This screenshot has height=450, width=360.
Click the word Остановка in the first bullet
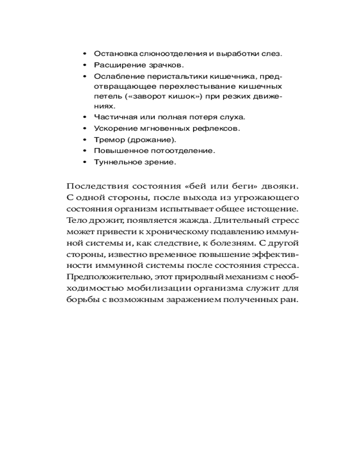(113, 54)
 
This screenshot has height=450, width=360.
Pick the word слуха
(234, 117)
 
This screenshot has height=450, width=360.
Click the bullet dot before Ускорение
(85, 128)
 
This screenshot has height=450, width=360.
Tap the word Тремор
(107, 139)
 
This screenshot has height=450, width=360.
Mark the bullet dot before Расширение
(85, 65)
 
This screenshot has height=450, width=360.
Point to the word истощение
(274, 209)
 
